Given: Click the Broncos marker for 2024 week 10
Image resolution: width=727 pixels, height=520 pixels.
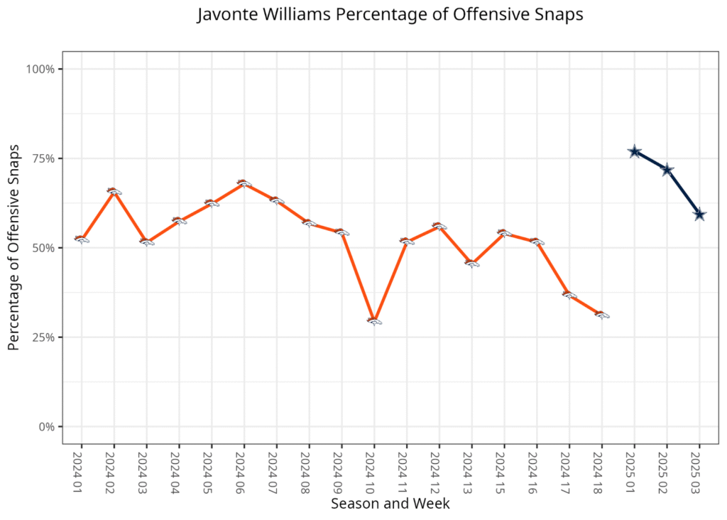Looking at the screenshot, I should tap(374, 321).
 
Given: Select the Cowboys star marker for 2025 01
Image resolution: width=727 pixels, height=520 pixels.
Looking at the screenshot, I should tap(635, 152).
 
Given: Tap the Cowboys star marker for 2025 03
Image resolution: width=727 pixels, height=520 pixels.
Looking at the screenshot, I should tap(699, 215).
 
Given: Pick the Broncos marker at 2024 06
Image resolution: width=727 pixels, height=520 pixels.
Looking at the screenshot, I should tap(244, 183).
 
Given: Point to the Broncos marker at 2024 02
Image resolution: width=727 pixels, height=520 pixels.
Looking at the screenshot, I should tap(114, 191).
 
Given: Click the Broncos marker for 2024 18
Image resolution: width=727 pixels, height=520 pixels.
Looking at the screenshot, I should tap(602, 315).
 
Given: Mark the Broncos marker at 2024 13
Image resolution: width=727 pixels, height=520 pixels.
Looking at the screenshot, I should tap(472, 264).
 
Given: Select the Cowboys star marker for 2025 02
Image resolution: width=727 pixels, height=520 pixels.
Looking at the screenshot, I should tap(667, 170).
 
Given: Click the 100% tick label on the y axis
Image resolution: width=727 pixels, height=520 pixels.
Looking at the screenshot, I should tap(40, 69).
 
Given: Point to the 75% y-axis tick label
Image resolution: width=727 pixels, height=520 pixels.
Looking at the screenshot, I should tap(43, 158).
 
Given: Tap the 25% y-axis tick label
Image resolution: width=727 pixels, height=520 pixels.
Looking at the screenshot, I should tap(43, 337).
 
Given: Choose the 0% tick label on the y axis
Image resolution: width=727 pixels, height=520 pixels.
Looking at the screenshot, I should tap(46, 427).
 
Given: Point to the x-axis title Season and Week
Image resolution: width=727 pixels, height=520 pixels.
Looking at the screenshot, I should tap(390, 504).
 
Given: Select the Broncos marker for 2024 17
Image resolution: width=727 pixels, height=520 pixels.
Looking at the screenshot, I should tap(569, 295).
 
